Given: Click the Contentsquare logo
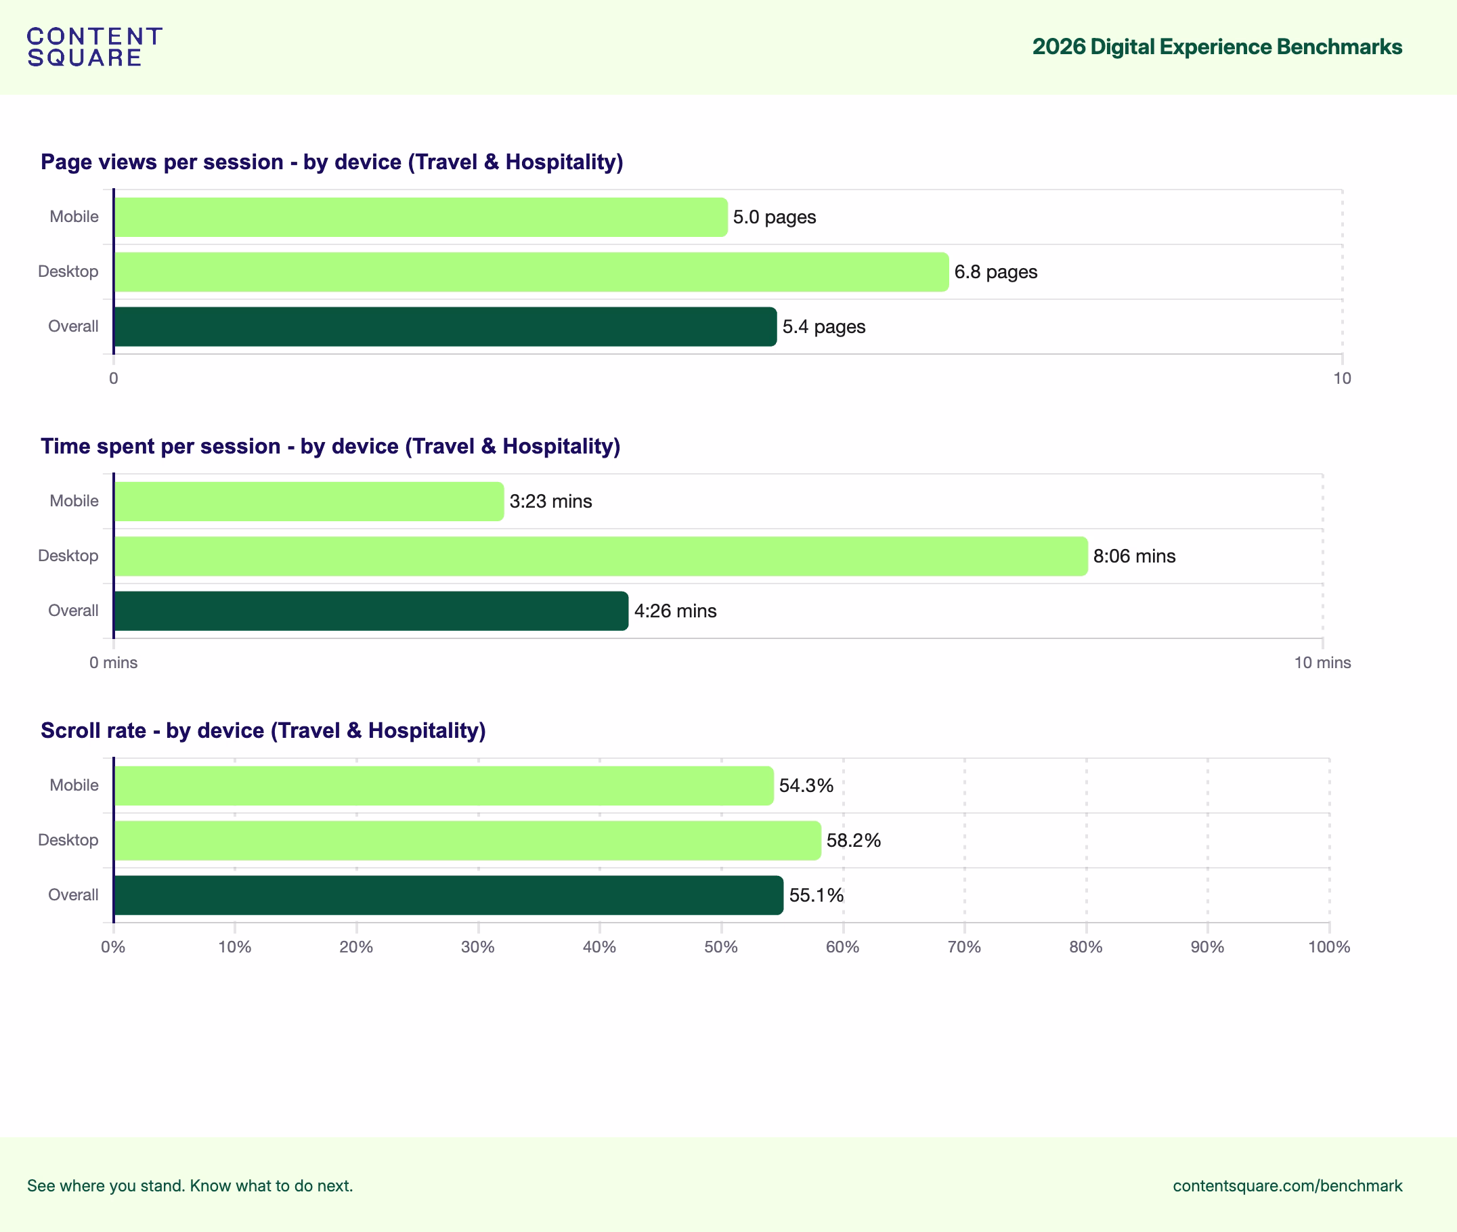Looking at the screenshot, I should (94, 47).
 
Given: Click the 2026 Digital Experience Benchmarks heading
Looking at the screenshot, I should (1217, 47).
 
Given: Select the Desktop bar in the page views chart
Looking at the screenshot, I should (531, 271).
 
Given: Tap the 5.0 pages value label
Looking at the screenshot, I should (774, 217).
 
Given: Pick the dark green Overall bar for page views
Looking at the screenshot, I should (445, 327).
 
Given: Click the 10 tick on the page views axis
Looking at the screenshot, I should (1342, 378).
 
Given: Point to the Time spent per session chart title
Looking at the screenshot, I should (330, 446).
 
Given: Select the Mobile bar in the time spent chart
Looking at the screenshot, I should (309, 502).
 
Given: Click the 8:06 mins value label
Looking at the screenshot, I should (1133, 556).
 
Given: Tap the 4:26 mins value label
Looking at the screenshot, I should (675, 611).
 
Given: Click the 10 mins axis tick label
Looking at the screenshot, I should (1322, 663).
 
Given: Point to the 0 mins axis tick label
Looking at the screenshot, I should (113, 663).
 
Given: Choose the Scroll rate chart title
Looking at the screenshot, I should (263, 730).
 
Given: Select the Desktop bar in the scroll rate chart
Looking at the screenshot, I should (467, 840).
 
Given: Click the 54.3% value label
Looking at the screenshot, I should (806, 786).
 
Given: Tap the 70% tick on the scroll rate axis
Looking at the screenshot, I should (964, 947).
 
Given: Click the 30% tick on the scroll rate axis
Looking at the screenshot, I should (478, 947).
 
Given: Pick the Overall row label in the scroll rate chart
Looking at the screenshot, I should (72, 895).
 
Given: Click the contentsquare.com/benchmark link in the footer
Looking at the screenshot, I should (1287, 1186).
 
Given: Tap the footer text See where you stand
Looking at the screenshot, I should (190, 1186).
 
